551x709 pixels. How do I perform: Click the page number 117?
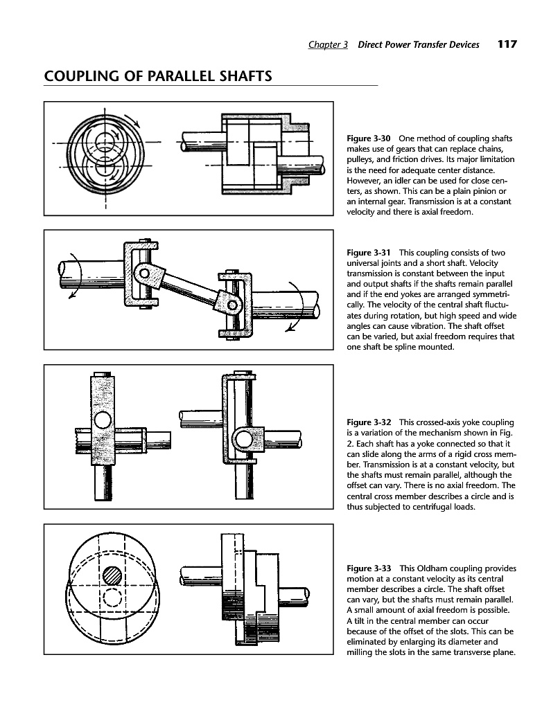[x=507, y=44]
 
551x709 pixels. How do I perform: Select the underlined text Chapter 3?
[x=328, y=45]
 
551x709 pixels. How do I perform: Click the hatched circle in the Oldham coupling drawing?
[x=112, y=575]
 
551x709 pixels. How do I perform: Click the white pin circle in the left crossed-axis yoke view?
[x=101, y=420]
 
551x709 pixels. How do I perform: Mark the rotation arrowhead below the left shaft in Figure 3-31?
[x=71, y=296]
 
